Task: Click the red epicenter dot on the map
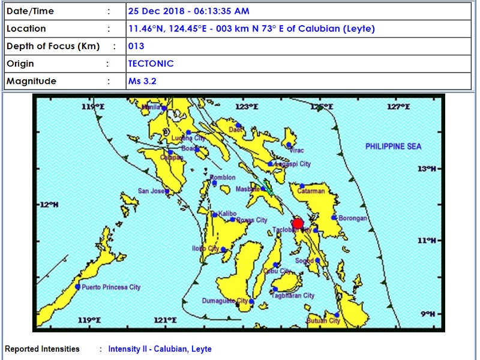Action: point(297,224)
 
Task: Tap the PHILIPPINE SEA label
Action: point(394,146)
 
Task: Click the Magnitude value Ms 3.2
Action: point(142,81)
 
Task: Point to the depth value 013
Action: point(136,46)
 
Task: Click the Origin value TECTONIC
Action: point(151,64)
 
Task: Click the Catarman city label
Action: point(311,191)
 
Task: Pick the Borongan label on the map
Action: point(353,218)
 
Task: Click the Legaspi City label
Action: point(292,164)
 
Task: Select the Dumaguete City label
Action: point(225,301)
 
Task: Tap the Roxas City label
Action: point(252,220)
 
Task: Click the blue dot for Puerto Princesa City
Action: point(77,287)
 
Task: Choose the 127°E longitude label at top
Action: point(398,106)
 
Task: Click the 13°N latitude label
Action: point(425,168)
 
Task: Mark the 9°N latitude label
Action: point(427,313)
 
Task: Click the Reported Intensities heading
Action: point(42,349)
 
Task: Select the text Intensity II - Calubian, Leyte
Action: point(160,349)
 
